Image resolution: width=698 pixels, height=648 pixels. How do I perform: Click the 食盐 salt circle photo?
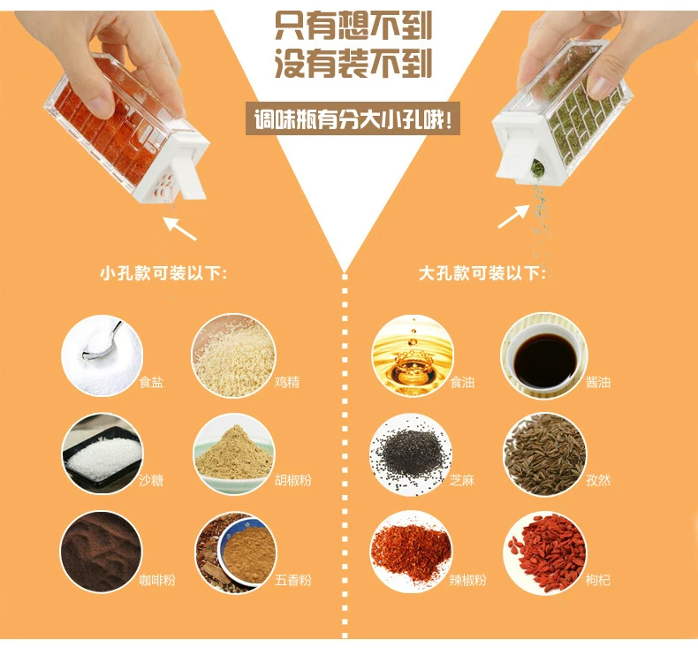[102, 355]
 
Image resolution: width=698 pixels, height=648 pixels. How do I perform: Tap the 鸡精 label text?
[287, 382]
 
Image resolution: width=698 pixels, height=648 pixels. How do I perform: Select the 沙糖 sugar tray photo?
[102, 454]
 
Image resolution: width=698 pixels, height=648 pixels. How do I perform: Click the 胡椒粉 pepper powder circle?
[234, 454]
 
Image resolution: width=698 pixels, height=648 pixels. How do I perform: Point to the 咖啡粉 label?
[157, 580]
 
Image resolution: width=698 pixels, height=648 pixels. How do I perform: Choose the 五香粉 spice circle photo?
[236, 553]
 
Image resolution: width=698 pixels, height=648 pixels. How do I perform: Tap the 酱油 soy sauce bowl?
[544, 355]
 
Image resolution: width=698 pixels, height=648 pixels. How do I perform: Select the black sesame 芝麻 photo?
[411, 454]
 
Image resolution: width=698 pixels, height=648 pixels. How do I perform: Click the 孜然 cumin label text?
[598, 480]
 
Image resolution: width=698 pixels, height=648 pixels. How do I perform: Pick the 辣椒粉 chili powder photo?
[411, 552]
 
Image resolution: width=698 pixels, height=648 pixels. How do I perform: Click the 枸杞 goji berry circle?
[545, 553]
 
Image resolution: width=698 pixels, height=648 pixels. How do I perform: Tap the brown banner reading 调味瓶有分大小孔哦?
[353, 119]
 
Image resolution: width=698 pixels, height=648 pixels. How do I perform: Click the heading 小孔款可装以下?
[163, 273]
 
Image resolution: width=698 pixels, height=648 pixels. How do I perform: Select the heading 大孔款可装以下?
[482, 273]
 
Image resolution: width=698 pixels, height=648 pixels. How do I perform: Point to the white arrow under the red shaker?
[179, 228]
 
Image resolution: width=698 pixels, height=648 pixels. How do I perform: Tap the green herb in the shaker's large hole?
[538, 168]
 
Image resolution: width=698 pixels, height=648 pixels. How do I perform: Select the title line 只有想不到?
[353, 26]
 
